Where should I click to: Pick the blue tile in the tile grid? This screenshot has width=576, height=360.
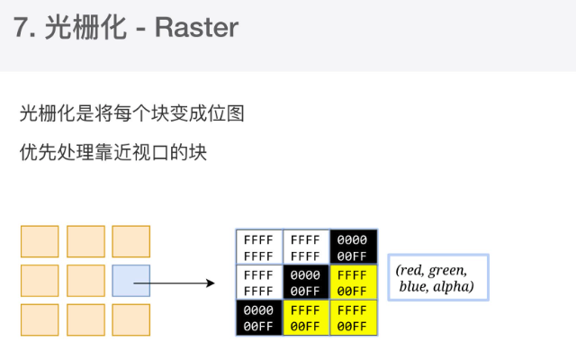131,281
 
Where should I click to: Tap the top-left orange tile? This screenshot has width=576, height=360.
40,241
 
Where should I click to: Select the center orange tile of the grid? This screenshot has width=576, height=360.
85,281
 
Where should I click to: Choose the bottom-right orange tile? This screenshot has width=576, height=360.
131,319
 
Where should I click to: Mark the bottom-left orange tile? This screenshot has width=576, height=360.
40,319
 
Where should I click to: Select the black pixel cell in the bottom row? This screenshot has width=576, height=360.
259,318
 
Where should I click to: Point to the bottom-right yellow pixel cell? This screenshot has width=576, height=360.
353,318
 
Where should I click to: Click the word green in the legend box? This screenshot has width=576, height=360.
446,270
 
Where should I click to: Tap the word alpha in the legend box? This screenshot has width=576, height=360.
454,287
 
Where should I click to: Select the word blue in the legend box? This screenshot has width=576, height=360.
412,287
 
